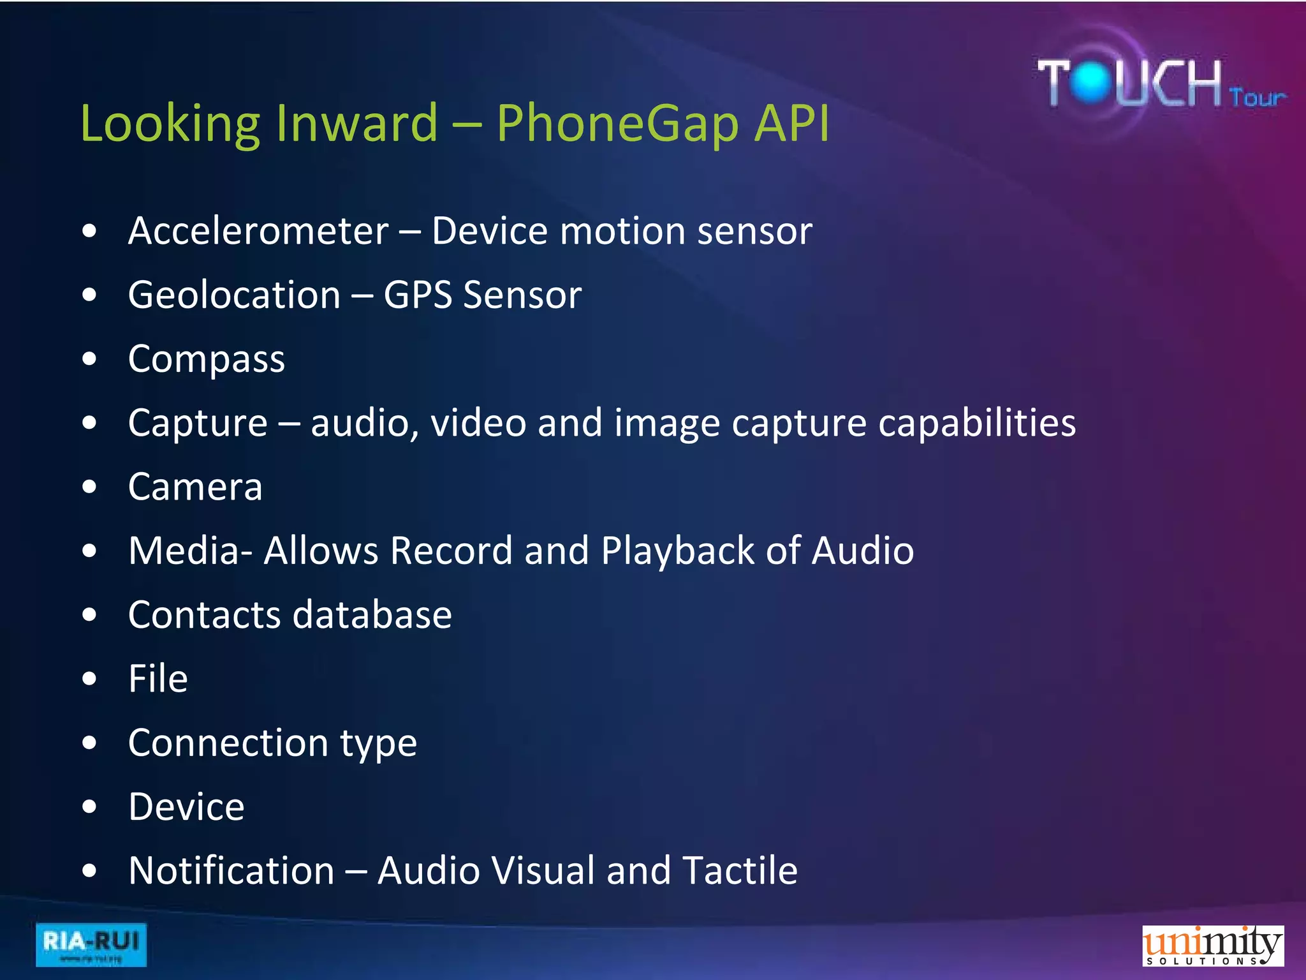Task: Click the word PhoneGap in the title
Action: point(618,124)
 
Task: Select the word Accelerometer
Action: point(258,231)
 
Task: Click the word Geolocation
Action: point(234,295)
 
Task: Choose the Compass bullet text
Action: point(206,359)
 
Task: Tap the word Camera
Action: point(195,487)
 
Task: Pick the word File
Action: point(158,678)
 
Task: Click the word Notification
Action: point(231,870)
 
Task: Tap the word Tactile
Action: point(740,870)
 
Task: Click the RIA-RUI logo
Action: point(91,944)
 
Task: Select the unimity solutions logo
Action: point(1212,945)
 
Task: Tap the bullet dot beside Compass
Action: point(89,359)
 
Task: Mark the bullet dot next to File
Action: point(89,678)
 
